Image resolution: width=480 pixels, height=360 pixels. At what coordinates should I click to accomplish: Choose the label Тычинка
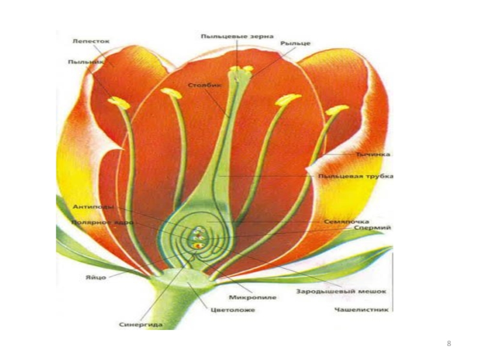(373, 154)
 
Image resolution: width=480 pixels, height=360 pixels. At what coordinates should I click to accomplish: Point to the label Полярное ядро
(94, 222)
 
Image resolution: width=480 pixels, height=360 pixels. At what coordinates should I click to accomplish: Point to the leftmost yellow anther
(119, 103)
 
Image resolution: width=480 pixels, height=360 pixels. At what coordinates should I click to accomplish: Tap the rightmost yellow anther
(337, 110)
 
